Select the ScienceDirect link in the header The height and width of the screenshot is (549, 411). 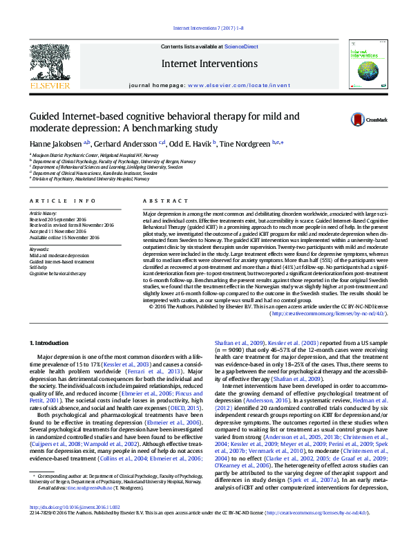[x=242, y=46]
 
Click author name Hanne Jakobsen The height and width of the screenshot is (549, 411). [x=55, y=143]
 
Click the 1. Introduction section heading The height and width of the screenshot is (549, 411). [x=52, y=343]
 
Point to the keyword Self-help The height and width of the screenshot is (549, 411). [x=39, y=267]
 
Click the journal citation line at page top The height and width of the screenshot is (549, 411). [x=204, y=28]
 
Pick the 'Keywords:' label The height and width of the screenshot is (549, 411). [x=39, y=249]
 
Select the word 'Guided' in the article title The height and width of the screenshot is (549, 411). [x=45, y=116]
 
